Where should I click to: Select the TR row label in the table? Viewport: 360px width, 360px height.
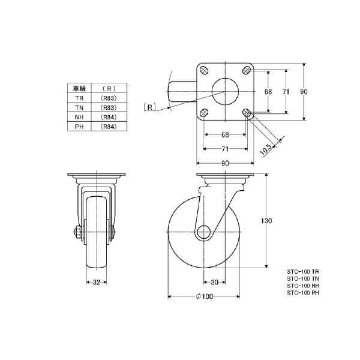[79, 97]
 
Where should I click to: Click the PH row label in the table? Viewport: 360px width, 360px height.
[79, 127]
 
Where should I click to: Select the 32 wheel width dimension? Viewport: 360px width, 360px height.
[96, 282]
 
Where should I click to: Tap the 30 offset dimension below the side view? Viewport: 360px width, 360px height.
[214, 282]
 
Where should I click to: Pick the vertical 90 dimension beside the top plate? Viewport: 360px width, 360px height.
[304, 92]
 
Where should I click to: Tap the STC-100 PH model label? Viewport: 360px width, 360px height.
[303, 293]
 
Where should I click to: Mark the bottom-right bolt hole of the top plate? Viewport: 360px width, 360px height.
[246, 112]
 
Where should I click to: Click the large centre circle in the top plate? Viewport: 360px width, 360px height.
[225, 92]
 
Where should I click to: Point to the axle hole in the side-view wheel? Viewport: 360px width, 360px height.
[203, 232]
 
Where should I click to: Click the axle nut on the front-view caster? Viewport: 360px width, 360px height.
[77, 232]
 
